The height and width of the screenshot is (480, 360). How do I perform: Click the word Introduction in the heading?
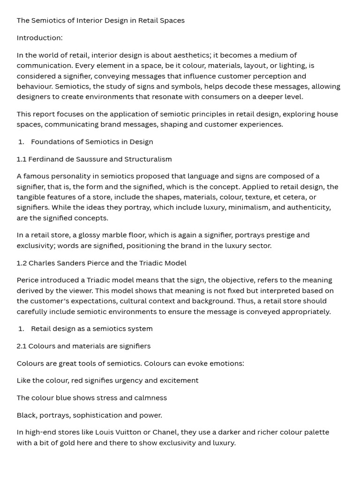pos(39,38)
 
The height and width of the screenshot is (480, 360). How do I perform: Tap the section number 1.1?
pos(22,159)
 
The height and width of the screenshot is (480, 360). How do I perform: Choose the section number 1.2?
pos(22,263)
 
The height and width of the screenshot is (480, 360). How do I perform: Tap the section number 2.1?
pos(22,346)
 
